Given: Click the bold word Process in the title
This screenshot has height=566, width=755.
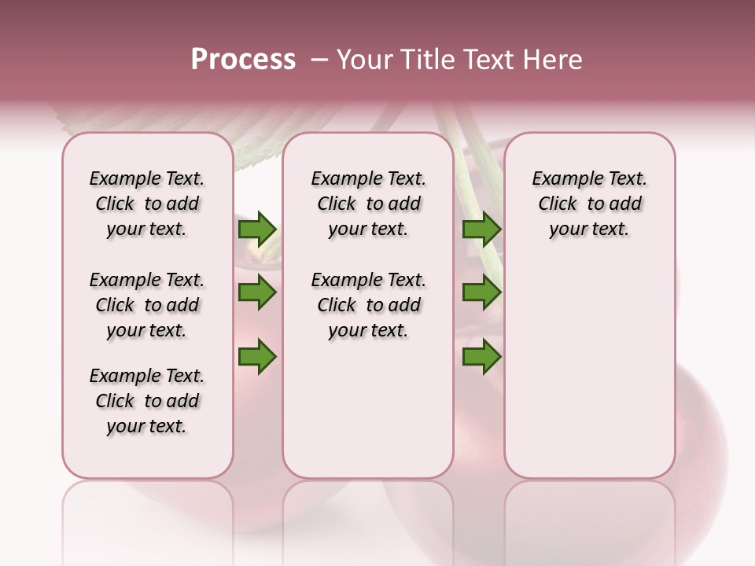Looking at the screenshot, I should pos(243,60).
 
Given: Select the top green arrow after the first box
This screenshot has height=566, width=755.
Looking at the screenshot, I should pos(257,230).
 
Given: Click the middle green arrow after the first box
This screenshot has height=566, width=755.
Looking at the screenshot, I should pos(257,292).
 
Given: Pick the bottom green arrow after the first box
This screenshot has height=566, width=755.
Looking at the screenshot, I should pos(257,356).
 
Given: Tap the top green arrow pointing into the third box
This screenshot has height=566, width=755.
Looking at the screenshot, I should pos(481,230).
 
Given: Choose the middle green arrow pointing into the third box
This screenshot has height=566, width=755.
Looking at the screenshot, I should pos(481,292).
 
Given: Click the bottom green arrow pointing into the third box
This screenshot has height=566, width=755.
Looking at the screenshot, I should pos(481,356).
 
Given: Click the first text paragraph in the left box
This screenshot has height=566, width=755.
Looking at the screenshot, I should pos(147,204).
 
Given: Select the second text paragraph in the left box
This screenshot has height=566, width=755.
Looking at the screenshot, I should pos(147,305).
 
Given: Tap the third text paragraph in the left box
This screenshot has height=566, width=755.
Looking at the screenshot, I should pos(147,401).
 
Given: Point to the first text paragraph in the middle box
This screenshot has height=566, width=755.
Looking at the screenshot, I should pos(368,204).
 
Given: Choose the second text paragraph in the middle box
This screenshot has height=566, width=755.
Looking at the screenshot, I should pos(368,305).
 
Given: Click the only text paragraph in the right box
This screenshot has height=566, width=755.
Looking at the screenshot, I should pos(589,204).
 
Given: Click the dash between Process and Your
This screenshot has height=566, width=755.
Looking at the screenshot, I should pos(319,61).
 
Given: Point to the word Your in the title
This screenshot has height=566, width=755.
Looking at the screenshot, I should pos(364,60).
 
